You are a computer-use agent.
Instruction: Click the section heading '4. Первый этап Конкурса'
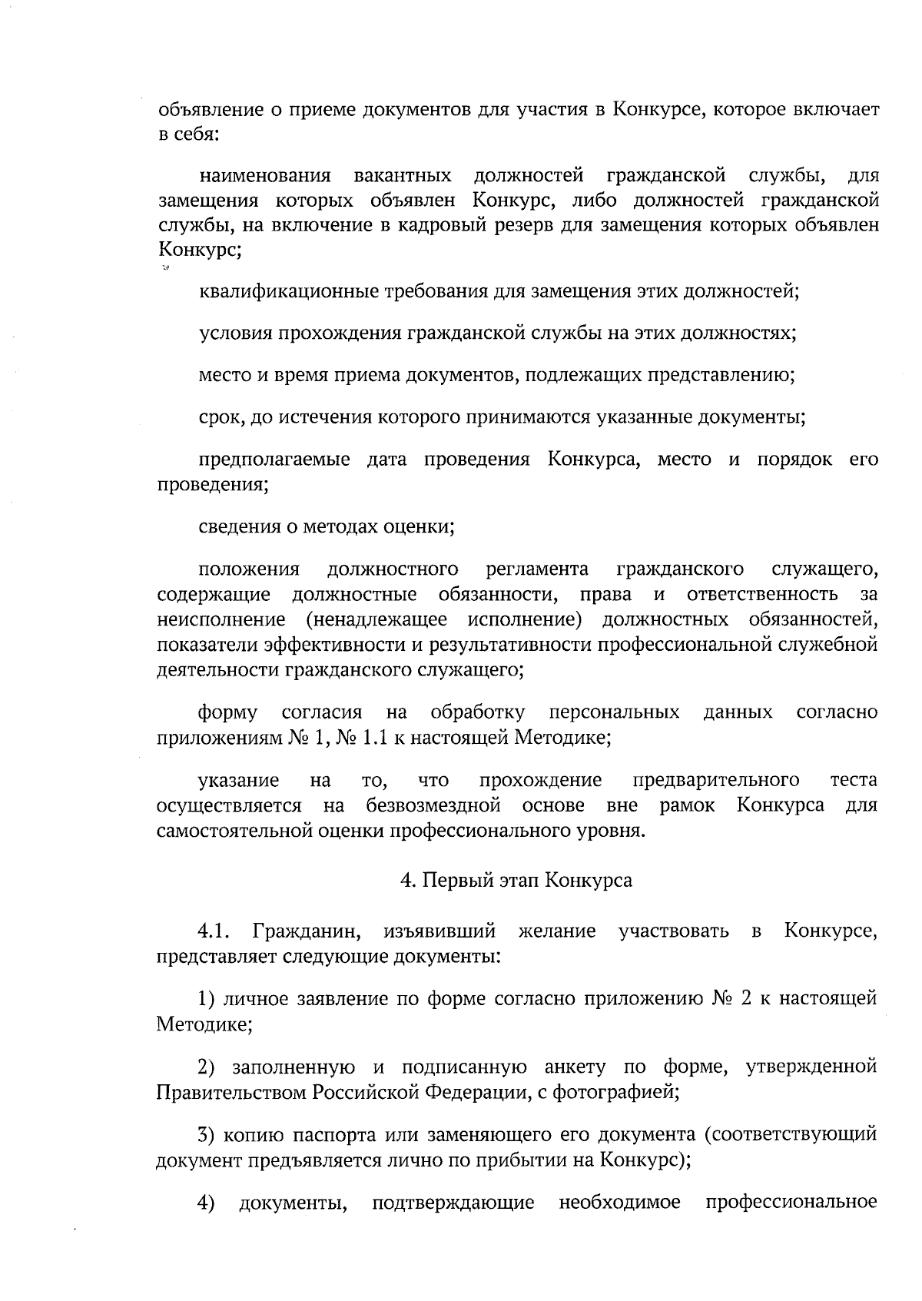pyautogui.click(x=516, y=881)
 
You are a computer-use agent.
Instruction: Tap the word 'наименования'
pyautogui.click(x=265, y=177)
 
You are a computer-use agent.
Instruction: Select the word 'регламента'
pyautogui.click(x=538, y=569)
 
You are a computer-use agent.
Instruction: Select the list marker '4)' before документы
pyautogui.click(x=207, y=1202)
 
